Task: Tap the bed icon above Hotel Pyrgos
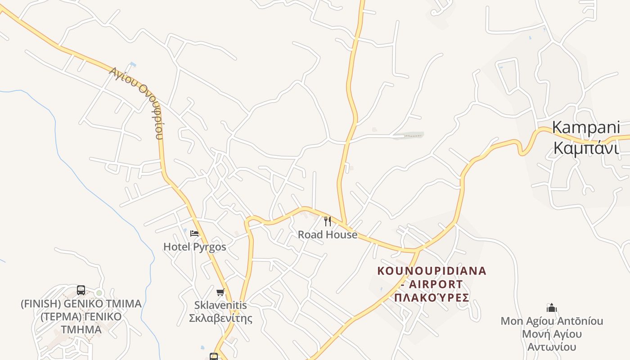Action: pyautogui.click(x=194, y=233)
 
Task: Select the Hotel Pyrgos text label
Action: pyautogui.click(x=194, y=247)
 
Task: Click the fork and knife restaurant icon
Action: pyautogui.click(x=328, y=221)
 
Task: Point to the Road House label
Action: pyautogui.click(x=328, y=234)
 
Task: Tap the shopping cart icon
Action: pyautogui.click(x=220, y=292)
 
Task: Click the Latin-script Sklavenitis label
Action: pyautogui.click(x=220, y=305)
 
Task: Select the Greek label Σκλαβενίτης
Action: pyautogui.click(x=220, y=318)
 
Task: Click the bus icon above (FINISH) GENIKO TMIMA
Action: pyautogui.click(x=81, y=290)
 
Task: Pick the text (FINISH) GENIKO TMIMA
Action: pyautogui.click(x=81, y=304)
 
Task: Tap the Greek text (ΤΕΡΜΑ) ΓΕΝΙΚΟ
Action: pyautogui.click(x=81, y=316)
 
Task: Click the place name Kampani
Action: pyautogui.click(x=586, y=127)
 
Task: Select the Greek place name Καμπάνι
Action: pyautogui.click(x=586, y=148)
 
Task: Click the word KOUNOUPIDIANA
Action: pyautogui.click(x=432, y=271)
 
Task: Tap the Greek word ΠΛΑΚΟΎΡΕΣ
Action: pyautogui.click(x=432, y=297)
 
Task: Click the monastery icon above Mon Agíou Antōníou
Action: pyautogui.click(x=552, y=308)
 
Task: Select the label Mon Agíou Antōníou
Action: pyautogui.click(x=552, y=321)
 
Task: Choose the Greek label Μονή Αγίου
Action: pyautogui.click(x=552, y=334)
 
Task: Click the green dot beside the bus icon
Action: pyautogui.click(x=99, y=293)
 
